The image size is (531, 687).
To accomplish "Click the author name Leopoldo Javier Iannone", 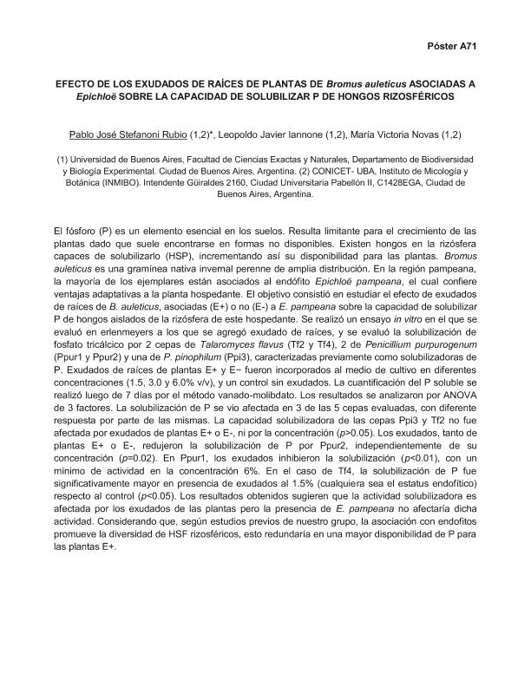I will coord(283,134).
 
